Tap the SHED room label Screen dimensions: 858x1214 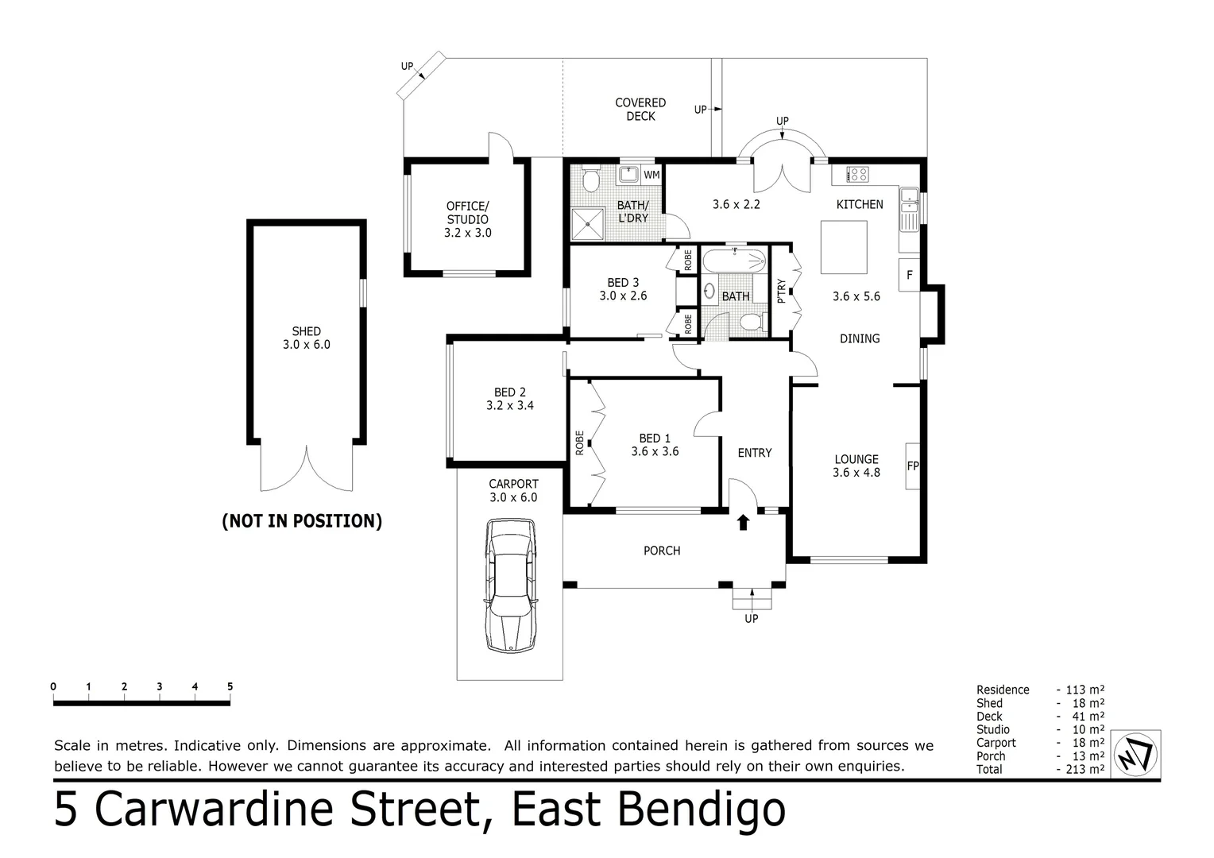click(x=306, y=331)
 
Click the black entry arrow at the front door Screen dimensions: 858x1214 click(x=743, y=522)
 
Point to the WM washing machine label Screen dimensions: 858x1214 click(x=651, y=175)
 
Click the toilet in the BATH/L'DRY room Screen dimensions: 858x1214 click(x=590, y=181)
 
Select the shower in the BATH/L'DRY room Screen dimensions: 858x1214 click(x=588, y=223)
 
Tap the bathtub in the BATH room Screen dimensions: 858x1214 click(x=734, y=261)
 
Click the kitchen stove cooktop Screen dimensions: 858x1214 click(x=857, y=174)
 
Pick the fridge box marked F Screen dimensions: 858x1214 click(x=909, y=275)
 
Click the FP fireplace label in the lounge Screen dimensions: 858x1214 click(x=912, y=466)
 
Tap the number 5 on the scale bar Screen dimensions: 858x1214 click(x=230, y=686)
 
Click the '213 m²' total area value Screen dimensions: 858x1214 click(x=1085, y=769)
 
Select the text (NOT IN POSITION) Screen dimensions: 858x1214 click(x=302, y=521)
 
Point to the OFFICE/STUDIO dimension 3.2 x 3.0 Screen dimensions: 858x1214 click(x=467, y=233)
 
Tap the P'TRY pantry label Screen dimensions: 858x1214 click(x=781, y=291)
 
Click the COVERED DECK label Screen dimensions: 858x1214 click(x=640, y=110)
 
